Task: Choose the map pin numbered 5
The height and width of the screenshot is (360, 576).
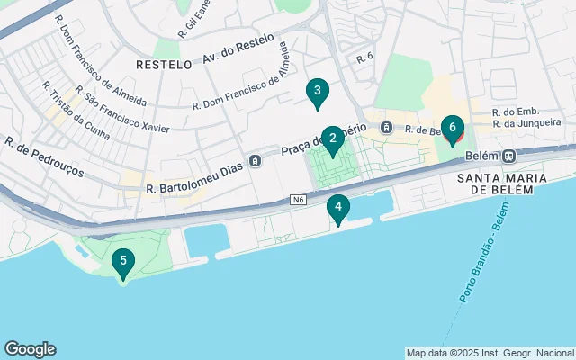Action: [123, 263]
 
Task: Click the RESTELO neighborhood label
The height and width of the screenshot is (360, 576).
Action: [164, 65]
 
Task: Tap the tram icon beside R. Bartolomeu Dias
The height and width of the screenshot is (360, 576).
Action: [256, 160]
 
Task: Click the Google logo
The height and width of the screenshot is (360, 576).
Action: [30, 349]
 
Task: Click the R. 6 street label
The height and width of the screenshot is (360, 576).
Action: [364, 58]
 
